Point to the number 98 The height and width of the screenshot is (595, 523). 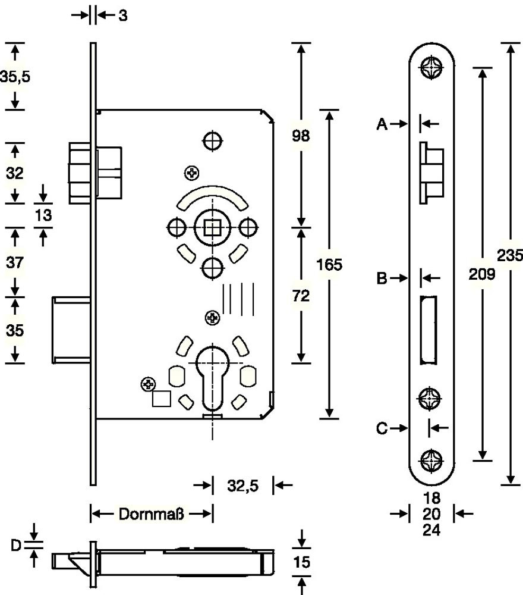(x=301, y=136)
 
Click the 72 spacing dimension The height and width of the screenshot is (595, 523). (x=301, y=297)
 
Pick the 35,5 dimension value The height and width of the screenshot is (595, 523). (x=14, y=77)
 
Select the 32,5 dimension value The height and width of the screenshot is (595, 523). (x=242, y=486)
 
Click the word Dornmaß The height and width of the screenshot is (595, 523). (x=151, y=513)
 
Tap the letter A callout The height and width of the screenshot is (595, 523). (x=383, y=124)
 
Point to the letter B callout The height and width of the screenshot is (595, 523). (x=383, y=278)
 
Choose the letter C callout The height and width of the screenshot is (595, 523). (x=383, y=427)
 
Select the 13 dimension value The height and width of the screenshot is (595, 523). (x=43, y=215)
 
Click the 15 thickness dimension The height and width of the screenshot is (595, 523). (x=303, y=562)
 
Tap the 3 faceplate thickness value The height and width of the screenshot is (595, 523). (x=122, y=16)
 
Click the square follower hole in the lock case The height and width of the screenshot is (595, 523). (x=210, y=227)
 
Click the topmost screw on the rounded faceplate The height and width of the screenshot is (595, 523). (x=431, y=66)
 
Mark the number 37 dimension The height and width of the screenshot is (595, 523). (x=14, y=261)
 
